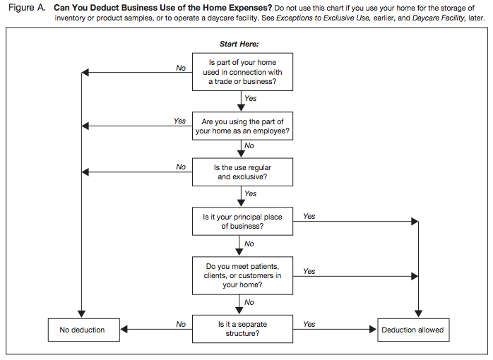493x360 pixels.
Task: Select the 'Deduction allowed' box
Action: point(413,330)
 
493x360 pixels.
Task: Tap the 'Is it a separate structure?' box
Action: point(242,330)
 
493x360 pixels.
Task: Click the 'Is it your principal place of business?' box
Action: point(242,222)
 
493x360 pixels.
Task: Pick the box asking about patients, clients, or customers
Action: point(242,275)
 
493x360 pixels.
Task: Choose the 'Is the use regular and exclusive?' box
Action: point(242,172)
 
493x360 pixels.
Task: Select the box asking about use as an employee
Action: point(242,126)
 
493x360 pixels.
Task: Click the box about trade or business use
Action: point(242,73)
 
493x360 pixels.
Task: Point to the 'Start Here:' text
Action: point(239,44)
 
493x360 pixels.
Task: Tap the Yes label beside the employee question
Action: point(179,121)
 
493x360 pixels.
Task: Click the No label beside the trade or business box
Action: point(181,68)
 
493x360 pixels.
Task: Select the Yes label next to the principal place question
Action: point(309,217)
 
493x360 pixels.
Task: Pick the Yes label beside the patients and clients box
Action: point(309,271)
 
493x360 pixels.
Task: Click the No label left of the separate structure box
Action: point(181,325)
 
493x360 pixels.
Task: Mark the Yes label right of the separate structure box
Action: point(309,325)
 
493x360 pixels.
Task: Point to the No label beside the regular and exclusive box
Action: point(181,167)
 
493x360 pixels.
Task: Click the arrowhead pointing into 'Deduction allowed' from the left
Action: point(373,330)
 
